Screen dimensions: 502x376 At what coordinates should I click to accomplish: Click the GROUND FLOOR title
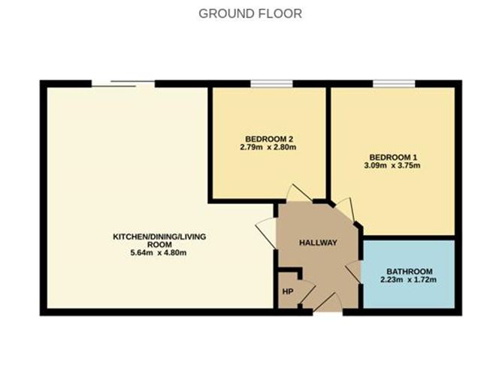250,14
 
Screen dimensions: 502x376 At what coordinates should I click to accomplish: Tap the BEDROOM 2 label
269,139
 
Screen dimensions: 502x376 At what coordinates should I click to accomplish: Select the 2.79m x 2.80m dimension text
268,147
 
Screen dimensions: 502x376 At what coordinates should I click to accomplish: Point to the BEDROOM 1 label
393,158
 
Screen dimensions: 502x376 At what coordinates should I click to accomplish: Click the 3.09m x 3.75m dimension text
392,166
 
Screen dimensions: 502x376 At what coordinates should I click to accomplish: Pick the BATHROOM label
410,272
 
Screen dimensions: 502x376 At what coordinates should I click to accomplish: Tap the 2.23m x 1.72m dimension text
408,280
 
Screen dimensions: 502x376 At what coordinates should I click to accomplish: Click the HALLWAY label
318,242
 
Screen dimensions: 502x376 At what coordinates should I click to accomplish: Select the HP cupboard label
288,292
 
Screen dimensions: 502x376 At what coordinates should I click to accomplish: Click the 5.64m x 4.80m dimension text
158,253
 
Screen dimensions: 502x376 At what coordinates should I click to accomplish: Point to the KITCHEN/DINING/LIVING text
159,237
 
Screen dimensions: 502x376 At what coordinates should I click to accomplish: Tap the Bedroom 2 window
271,84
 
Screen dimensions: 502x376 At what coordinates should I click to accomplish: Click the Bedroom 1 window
394,84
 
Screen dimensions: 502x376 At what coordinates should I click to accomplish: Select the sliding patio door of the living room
123,84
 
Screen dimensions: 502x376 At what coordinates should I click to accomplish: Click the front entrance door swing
328,302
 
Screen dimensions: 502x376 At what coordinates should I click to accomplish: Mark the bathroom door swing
353,272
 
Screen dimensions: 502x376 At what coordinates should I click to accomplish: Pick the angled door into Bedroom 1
344,209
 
